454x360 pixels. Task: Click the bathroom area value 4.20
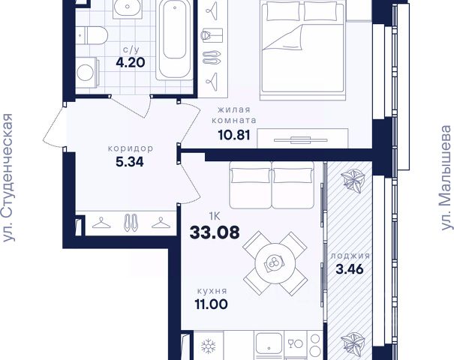point(131,62)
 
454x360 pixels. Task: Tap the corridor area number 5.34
point(130,162)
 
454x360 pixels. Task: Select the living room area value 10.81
point(234,135)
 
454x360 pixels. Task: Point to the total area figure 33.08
point(215,232)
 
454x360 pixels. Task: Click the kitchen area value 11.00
point(212,304)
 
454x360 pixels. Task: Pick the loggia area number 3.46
point(350,269)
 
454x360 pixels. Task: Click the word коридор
point(131,148)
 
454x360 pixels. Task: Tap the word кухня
point(212,291)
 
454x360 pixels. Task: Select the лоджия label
point(350,256)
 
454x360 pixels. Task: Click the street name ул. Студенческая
point(8,178)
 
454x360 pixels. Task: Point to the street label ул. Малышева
point(446,178)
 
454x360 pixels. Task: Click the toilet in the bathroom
point(92,35)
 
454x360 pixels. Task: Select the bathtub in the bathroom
point(174,39)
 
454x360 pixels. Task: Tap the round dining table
point(275,264)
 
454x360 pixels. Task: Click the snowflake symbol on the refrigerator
point(209,346)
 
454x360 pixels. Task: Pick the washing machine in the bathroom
point(88,72)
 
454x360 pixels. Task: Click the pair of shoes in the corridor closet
point(131,223)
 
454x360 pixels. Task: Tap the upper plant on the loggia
point(353,181)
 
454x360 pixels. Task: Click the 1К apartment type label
point(215,216)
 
